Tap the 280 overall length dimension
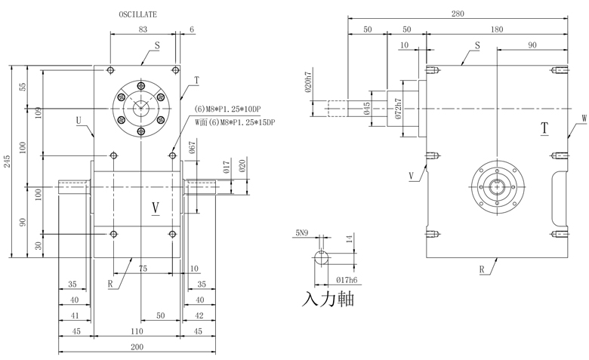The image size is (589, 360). pyautogui.click(x=458, y=12)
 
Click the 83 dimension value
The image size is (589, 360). pyautogui.click(x=143, y=29)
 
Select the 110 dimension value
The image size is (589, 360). pyautogui.click(x=136, y=331)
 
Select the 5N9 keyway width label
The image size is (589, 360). pyautogui.click(x=304, y=233)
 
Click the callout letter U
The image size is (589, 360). pyautogui.click(x=79, y=120)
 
